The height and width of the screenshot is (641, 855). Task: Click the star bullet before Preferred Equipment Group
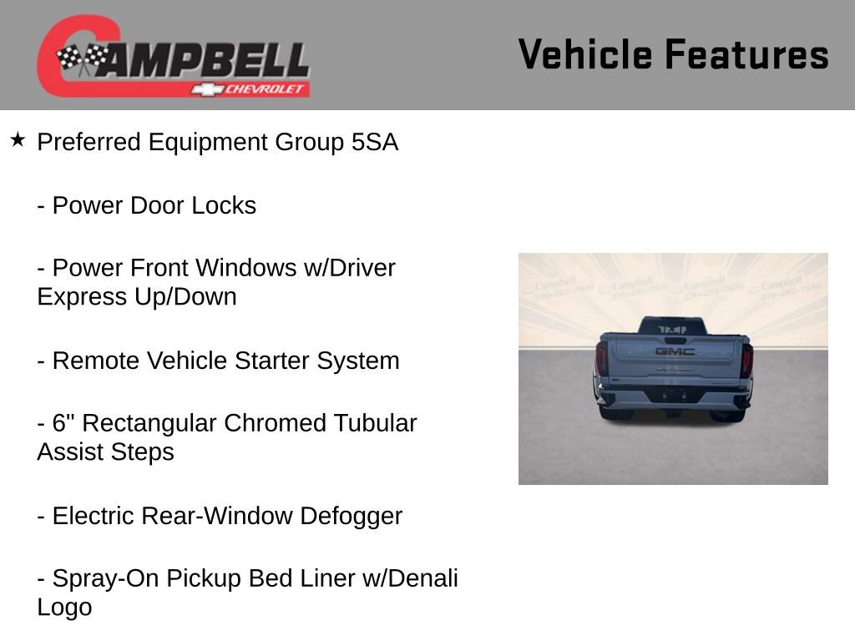pos(18,139)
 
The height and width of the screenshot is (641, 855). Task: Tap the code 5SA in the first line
pos(374,143)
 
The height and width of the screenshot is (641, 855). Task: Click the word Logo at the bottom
pos(64,607)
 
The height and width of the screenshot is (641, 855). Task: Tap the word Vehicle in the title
pos(585,54)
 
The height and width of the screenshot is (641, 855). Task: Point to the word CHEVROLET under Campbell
pos(266,89)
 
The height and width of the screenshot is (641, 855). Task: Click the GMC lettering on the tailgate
pos(674,351)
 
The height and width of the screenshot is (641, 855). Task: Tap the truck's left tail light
pos(601,359)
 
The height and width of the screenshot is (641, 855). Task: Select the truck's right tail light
pos(746,360)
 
